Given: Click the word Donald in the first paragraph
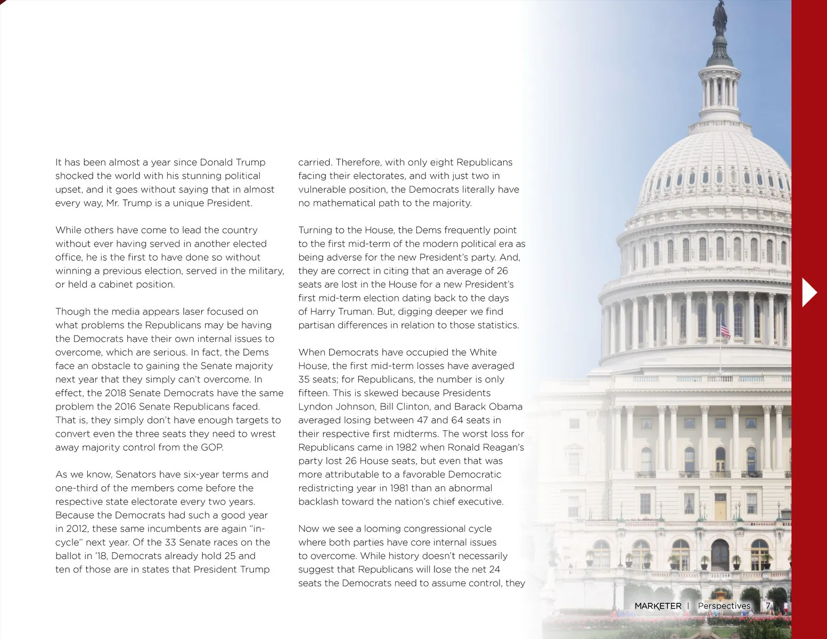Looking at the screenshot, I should (x=216, y=162).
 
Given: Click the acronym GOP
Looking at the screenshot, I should (x=212, y=447).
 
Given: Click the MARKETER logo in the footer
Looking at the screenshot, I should (x=658, y=606).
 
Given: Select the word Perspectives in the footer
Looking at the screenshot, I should (x=724, y=606).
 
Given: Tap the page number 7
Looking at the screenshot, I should (x=768, y=606).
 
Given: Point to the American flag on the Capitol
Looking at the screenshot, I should (x=725, y=329).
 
